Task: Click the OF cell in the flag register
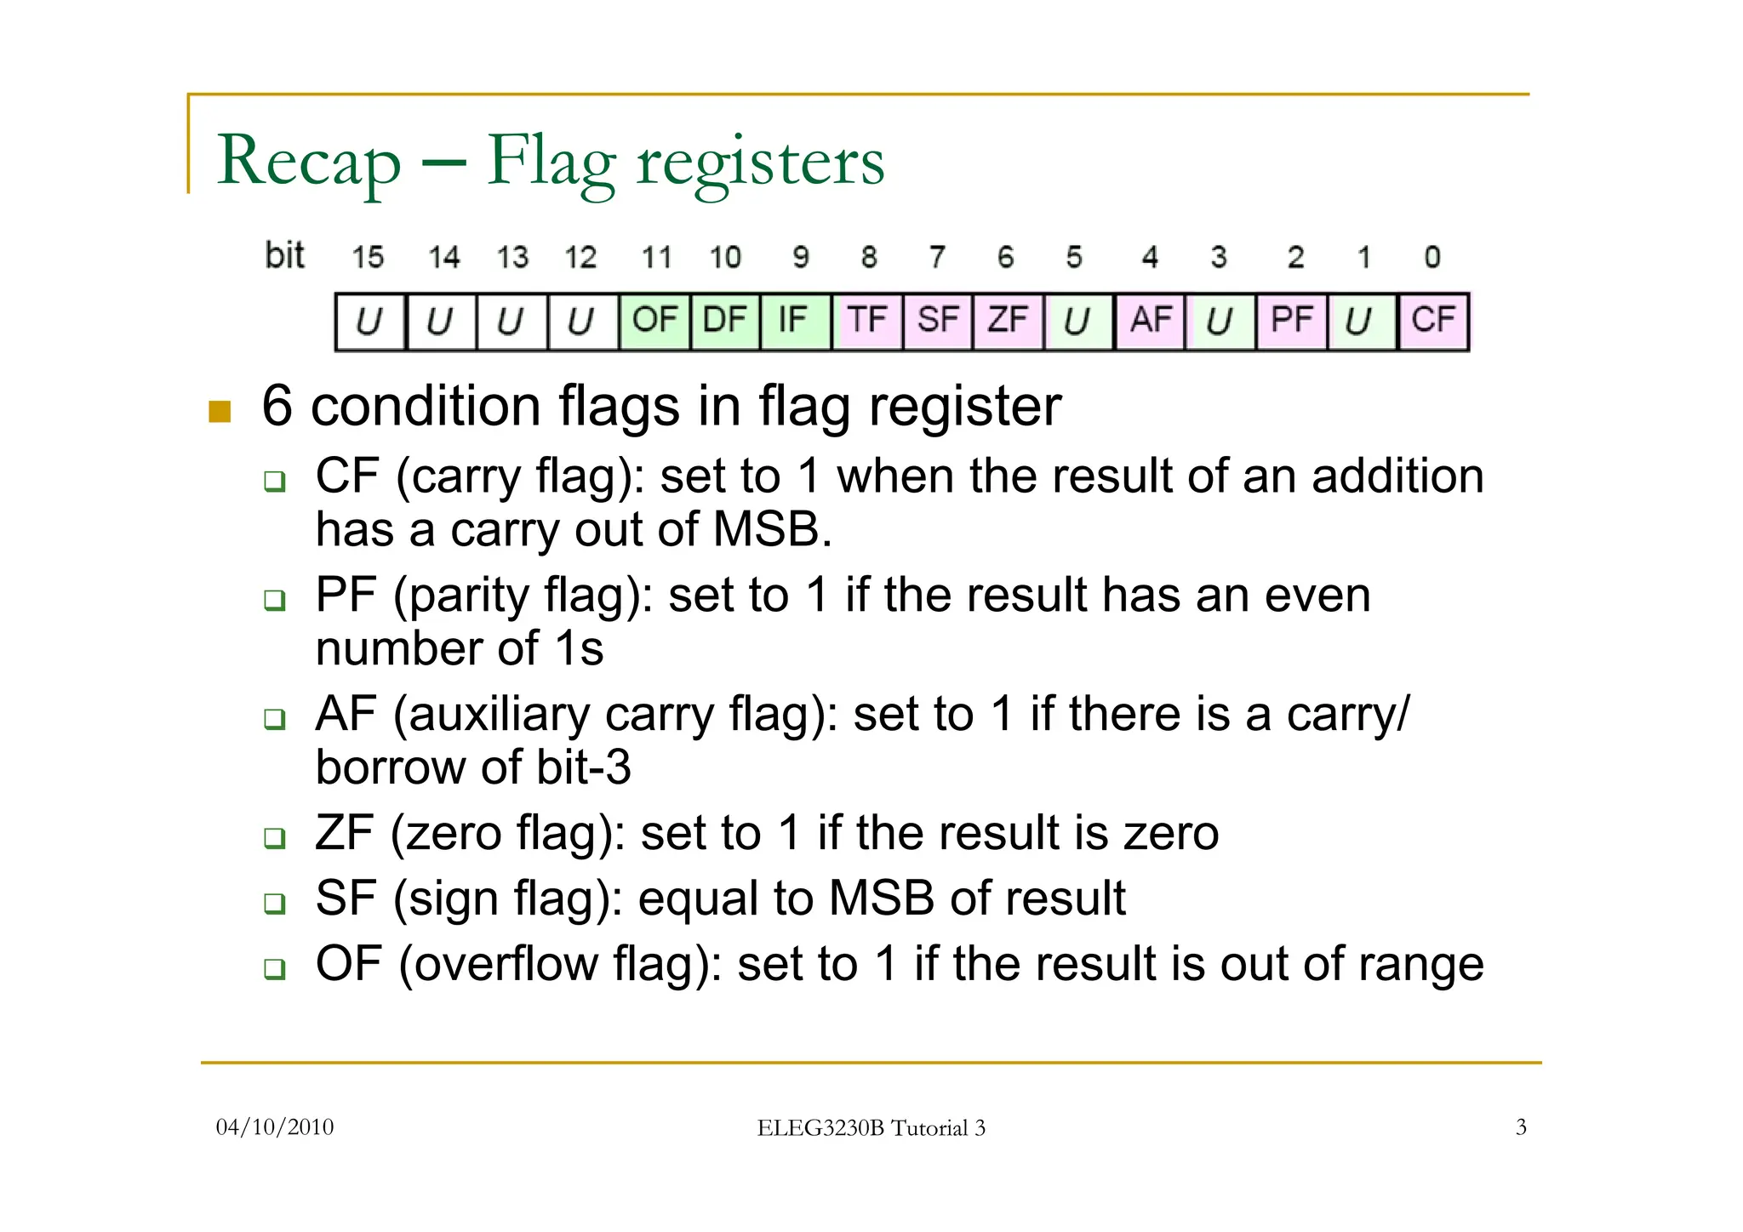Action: coord(654,321)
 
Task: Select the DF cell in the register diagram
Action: coord(725,321)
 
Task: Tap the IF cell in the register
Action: coord(793,321)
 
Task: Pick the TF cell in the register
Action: coord(866,321)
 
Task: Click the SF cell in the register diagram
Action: coord(937,321)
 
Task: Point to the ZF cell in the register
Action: coord(1008,321)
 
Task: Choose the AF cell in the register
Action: coord(1151,321)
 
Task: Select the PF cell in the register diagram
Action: coord(1291,321)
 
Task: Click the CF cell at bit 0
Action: coord(1433,321)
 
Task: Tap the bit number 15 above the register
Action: coord(368,257)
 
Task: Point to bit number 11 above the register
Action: coord(656,257)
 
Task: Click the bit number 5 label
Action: coord(1074,257)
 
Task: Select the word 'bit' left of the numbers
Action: coord(284,255)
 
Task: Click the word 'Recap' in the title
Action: coord(308,162)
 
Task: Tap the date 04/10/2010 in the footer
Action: coord(275,1127)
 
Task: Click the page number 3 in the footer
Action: coord(1521,1127)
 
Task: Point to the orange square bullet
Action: coord(220,412)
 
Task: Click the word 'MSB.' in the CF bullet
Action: coord(772,529)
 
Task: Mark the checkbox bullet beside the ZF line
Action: coord(274,838)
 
